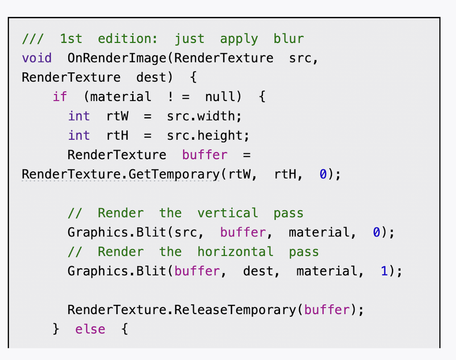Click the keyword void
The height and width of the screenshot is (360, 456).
point(37,58)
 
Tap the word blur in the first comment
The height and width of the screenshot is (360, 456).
point(289,39)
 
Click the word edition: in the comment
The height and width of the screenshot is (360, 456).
point(128,39)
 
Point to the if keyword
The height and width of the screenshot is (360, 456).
point(60,97)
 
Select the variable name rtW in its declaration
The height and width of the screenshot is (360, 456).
point(117,116)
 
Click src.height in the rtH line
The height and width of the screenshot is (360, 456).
point(208,136)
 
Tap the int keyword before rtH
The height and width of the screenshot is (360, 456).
point(79,136)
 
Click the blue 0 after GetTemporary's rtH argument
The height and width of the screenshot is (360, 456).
point(323,174)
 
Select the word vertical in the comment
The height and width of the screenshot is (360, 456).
point(228,213)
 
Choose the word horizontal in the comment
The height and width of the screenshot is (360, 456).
point(235,252)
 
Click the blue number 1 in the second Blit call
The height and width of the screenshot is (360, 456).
point(384,272)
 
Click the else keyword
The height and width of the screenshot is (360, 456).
point(90,329)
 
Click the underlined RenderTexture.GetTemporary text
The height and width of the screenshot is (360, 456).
point(121,174)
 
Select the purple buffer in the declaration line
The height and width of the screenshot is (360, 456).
point(205,155)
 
